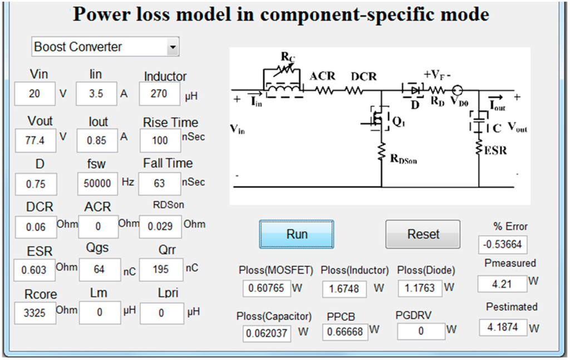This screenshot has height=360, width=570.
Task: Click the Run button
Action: point(297,234)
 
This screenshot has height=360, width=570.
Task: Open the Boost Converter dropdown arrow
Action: point(173,47)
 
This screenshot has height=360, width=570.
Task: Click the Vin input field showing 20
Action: point(35,94)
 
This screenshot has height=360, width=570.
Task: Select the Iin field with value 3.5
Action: point(96,94)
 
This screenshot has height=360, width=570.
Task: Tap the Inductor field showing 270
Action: point(159,94)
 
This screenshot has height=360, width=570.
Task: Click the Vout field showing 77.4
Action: point(35,141)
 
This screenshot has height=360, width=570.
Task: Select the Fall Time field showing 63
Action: point(159,183)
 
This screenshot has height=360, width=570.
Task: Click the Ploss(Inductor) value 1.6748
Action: point(345,289)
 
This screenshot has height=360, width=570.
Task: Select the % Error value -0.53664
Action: point(503,245)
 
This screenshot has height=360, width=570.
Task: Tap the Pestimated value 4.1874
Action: point(503,327)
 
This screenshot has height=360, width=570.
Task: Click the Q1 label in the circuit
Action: point(400,124)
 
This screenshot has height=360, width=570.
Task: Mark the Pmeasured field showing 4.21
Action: point(502,284)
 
